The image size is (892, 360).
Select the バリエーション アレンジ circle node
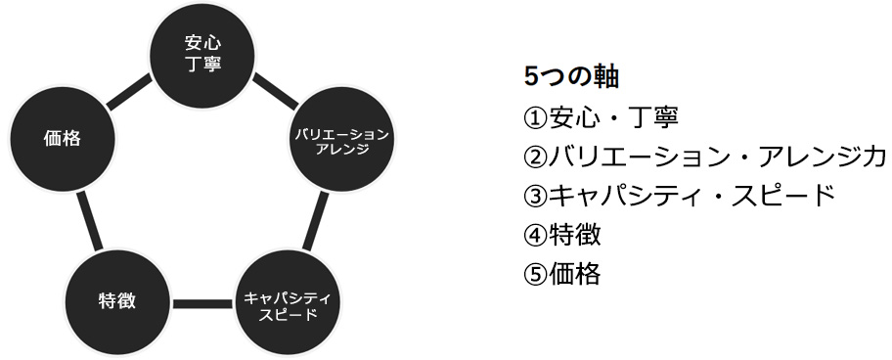pos(341,140)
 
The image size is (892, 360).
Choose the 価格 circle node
pos(62,139)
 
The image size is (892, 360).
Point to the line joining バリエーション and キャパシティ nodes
pos(317,221)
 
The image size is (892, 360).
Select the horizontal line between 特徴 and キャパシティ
pos(201,303)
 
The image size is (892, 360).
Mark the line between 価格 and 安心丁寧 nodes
pos(127,91)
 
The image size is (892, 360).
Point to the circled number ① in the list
pos(535,117)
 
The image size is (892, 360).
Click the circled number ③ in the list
pos(535,196)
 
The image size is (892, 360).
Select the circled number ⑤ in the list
pos(535,274)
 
